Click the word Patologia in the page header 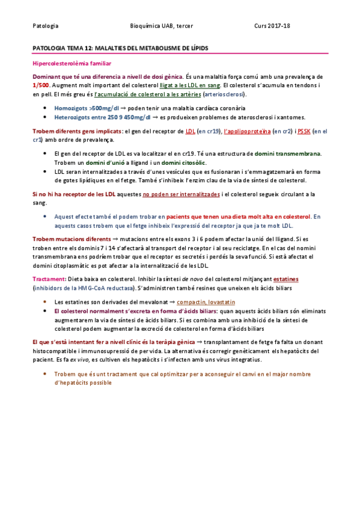45,26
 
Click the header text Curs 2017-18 272,26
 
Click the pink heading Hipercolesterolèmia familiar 72,63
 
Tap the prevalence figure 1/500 42,86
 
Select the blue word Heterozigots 73,117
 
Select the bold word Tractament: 49,278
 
